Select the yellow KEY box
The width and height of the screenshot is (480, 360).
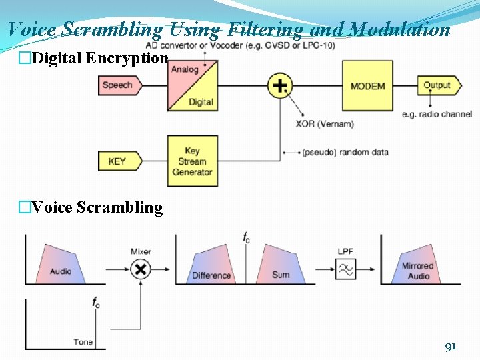[117, 161]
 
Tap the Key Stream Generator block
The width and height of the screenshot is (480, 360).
[192, 161]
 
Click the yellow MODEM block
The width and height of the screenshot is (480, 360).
[367, 85]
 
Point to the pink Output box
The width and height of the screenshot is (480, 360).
[437, 85]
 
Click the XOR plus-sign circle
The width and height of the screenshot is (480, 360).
[281, 85]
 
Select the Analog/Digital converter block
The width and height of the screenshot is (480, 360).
[192, 85]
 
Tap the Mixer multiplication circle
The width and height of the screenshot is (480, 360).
[141, 269]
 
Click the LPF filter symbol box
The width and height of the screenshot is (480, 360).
[345, 269]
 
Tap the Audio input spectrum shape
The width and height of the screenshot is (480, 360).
[61, 265]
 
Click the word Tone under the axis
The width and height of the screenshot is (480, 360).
[83, 342]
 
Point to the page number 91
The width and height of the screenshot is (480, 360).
[451, 346]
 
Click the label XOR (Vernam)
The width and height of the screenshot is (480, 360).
[325, 124]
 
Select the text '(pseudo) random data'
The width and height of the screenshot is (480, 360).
[345, 152]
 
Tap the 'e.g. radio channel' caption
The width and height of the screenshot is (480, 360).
[437, 114]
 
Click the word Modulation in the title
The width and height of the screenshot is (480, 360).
[400, 29]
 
